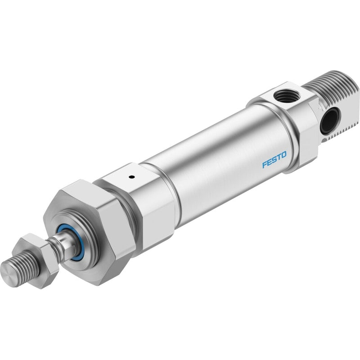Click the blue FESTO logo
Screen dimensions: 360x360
[x=274, y=160]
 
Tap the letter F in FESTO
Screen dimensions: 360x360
[x=265, y=165]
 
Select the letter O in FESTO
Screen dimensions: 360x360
[x=284, y=155]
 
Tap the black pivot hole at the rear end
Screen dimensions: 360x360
[x=328, y=120]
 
